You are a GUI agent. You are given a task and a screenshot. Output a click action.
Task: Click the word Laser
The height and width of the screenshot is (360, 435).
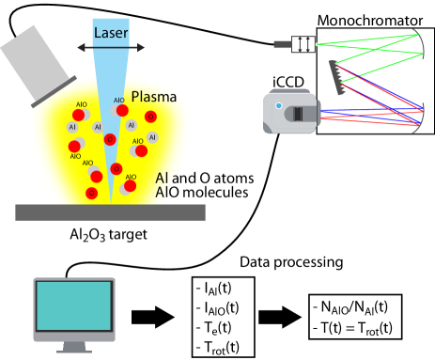pyautogui.click(x=111, y=33)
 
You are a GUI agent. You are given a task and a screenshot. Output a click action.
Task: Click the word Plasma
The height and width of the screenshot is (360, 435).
pyautogui.click(x=153, y=97)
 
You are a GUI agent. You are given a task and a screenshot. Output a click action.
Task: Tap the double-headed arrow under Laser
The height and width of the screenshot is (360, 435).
pyautogui.click(x=111, y=47)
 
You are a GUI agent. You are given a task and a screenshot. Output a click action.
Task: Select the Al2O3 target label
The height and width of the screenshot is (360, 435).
pyautogui.click(x=108, y=233)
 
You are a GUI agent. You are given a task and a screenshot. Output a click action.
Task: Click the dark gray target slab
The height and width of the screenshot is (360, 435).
pyautogui.click(x=110, y=212)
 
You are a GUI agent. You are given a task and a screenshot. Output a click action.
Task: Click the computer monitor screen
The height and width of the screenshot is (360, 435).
pyautogui.click(x=73, y=307)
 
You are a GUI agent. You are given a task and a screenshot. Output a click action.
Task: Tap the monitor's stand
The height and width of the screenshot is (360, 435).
pyautogui.click(x=74, y=346)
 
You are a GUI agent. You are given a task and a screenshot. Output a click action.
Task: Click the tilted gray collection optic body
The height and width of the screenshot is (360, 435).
pyautogui.click(x=34, y=60)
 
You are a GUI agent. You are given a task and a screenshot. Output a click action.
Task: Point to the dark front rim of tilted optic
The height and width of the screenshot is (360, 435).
pyautogui.click(x=54, y=91)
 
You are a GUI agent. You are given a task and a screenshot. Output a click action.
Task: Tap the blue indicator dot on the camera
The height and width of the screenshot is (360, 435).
pyautogui.click(x=278, y=105)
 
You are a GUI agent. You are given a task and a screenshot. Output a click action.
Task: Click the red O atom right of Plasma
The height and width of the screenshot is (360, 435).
pyautogui.click(x=151, y=117)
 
